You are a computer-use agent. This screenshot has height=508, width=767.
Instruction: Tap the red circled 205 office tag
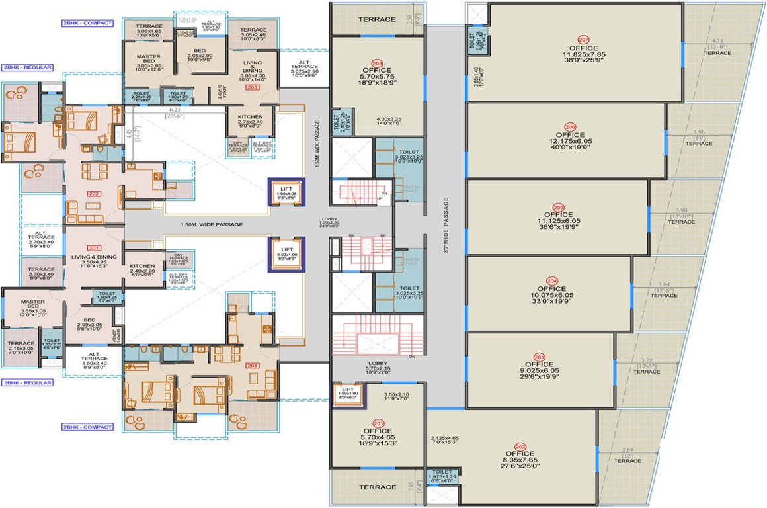click(x=558, y=206)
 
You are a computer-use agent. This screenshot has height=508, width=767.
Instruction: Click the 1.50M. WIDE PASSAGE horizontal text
click(x=211, y=225)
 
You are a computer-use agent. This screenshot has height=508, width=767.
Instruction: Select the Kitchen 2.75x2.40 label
click(x=249, y=120)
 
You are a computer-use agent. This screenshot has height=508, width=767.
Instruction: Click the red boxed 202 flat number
click(x=93, y=193)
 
